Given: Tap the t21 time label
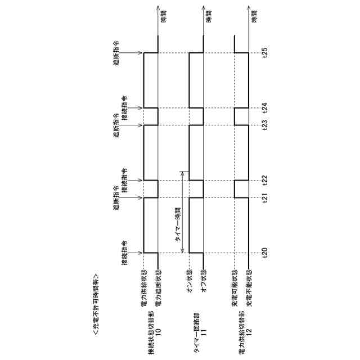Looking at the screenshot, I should click(265, 198).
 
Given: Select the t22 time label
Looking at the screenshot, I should click(265, 180).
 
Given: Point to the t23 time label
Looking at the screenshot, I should click(265, 125).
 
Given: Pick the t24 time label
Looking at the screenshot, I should click(265, 107).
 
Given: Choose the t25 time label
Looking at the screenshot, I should click(265, 53).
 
